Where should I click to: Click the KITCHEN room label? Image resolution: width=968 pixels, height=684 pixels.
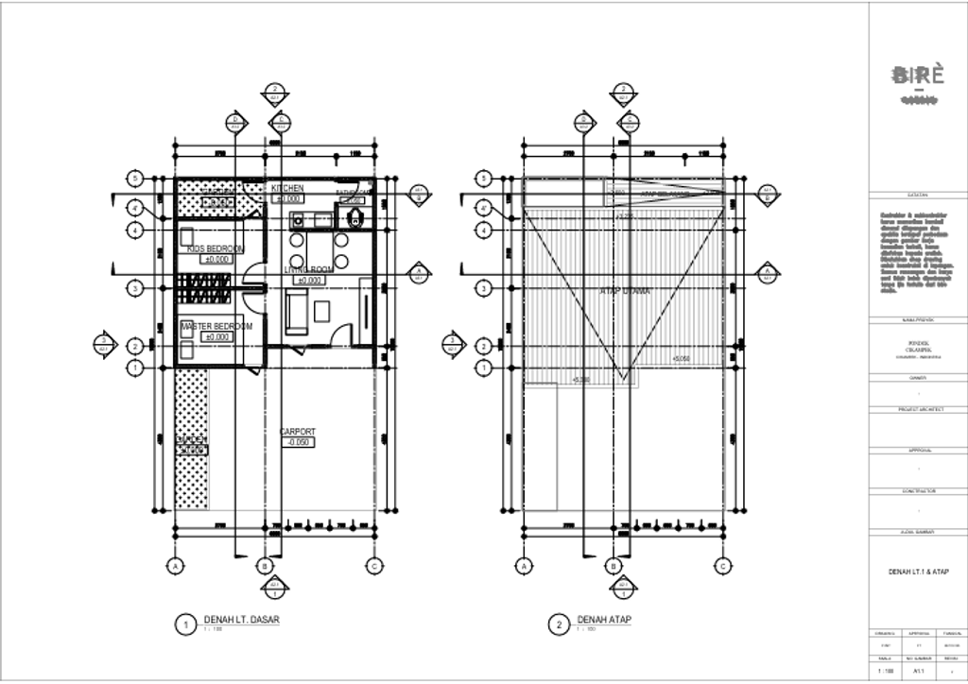point(287,188)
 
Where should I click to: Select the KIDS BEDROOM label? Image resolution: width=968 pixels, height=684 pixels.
point(215,248)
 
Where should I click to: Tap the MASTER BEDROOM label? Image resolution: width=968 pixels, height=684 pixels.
point(216,326)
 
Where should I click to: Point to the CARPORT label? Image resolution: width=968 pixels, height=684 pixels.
point(298,432)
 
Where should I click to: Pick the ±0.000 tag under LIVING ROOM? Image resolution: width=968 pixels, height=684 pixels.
point(310,281)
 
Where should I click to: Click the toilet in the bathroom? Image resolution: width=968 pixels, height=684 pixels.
point(354,218)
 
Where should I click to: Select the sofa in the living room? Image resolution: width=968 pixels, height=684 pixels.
point(295,313)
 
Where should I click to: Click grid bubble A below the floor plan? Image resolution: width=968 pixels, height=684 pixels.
point(175,566)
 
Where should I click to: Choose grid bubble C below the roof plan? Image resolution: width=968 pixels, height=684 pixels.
point(722,566)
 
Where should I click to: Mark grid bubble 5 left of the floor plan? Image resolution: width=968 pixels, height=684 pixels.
point(136,178)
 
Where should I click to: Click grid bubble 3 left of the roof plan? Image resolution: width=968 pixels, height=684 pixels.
point(484,288)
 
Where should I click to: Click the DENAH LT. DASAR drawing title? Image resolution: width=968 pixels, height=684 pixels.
point(242,620)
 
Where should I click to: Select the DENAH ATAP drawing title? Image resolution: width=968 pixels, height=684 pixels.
point(604,620)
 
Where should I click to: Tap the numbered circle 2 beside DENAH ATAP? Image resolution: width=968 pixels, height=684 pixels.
point(560,624)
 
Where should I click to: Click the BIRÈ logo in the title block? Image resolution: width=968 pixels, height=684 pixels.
point(918,76)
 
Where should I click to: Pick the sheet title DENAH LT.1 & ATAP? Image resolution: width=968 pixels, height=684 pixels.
point(918,572)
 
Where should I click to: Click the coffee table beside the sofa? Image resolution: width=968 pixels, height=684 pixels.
point(322,311)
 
